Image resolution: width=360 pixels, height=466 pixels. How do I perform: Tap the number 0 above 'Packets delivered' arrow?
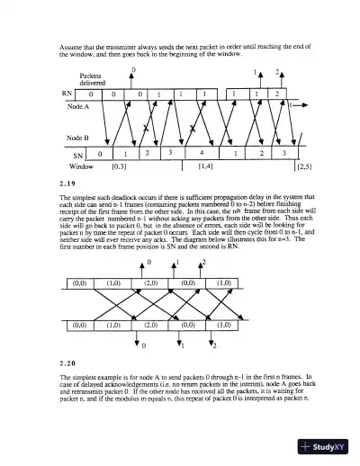coord(133,68)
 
